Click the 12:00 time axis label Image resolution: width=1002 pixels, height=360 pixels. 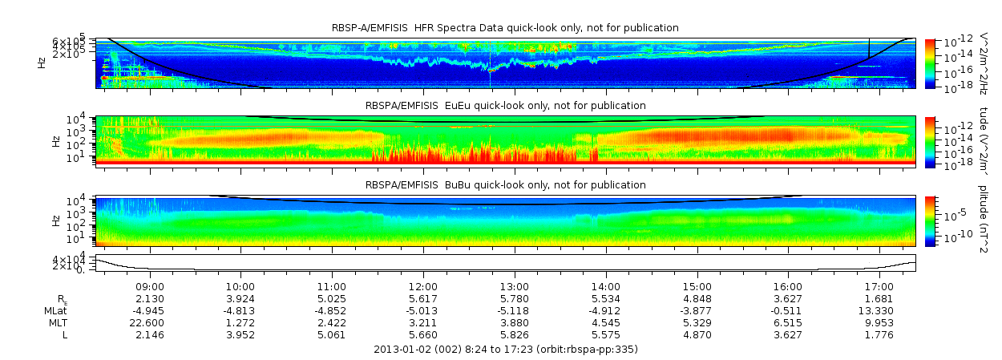click(x=423, y=286)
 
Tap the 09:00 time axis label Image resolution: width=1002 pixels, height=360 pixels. click(x=150, y=286)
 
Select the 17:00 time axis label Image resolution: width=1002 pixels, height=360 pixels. click(x=879, y=286)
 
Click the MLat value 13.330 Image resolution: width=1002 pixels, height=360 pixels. click(x=879, y=310)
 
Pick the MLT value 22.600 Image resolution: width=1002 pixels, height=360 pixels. click(x=150, y=322)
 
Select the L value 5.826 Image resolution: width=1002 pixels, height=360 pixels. click(x=515, y=334)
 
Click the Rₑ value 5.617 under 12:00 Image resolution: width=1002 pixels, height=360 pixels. click(x=423, y=298)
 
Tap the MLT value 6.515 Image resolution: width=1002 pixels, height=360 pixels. click(x=788, y=322)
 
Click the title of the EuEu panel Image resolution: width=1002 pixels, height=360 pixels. click(x=505, y=106)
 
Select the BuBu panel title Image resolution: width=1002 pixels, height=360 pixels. click(x=505, y=185)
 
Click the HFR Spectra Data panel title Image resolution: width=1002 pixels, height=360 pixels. click(x=505, y=28)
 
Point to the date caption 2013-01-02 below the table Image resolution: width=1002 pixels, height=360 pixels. click(x=505, y=350)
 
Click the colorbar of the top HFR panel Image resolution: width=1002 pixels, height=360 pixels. click(x=930, y=63)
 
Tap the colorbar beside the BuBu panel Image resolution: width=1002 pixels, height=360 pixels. click(x=930, y=220)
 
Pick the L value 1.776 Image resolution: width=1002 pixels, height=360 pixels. click(x=879, y=334)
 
